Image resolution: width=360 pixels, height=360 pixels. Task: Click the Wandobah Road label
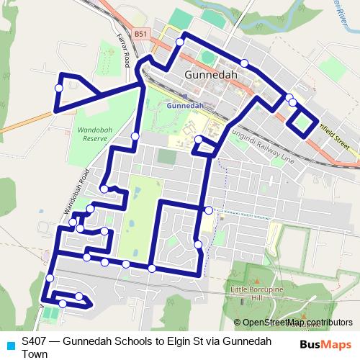[78, 192]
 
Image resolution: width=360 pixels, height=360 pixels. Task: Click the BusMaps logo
[327, 344]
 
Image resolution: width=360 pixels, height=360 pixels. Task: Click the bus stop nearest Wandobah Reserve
[135, 136]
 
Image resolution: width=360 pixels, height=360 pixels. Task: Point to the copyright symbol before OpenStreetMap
[238, 323]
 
